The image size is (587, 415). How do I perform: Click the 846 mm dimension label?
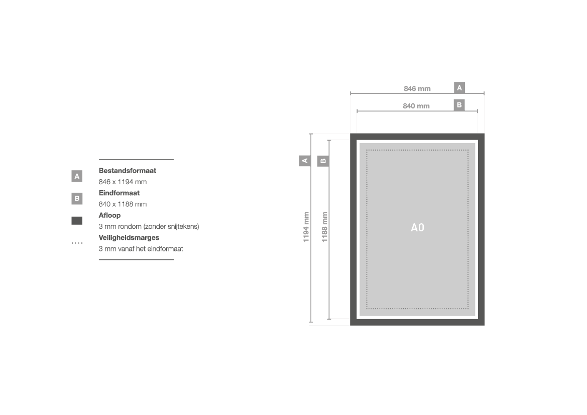point(417,89)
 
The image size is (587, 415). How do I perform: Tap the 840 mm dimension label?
point(416,106)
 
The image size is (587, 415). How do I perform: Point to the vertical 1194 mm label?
point(306,227)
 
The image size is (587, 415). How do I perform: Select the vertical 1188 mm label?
point(324,227)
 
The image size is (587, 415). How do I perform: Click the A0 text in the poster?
point(417,227)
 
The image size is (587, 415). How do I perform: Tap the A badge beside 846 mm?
point(459,88)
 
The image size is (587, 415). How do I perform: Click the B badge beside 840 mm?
point(459,105)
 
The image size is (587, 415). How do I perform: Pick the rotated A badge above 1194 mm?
point(305,161)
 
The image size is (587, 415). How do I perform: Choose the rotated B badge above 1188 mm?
point(323,161)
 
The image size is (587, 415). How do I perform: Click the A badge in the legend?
point(77,176)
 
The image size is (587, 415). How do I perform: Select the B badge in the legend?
point(77,198)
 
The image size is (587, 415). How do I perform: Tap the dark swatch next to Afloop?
point(77,221)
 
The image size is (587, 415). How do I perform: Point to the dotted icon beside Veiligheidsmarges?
point(77,243)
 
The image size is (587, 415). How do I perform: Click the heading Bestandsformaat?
point(127,171)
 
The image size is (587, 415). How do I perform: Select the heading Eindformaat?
point(119,193)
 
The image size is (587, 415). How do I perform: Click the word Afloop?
point(109,215)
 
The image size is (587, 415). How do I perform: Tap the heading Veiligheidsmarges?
point(129,238)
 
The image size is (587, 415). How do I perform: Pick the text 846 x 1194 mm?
point(123,182)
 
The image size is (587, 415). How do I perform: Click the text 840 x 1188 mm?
point(123,204)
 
